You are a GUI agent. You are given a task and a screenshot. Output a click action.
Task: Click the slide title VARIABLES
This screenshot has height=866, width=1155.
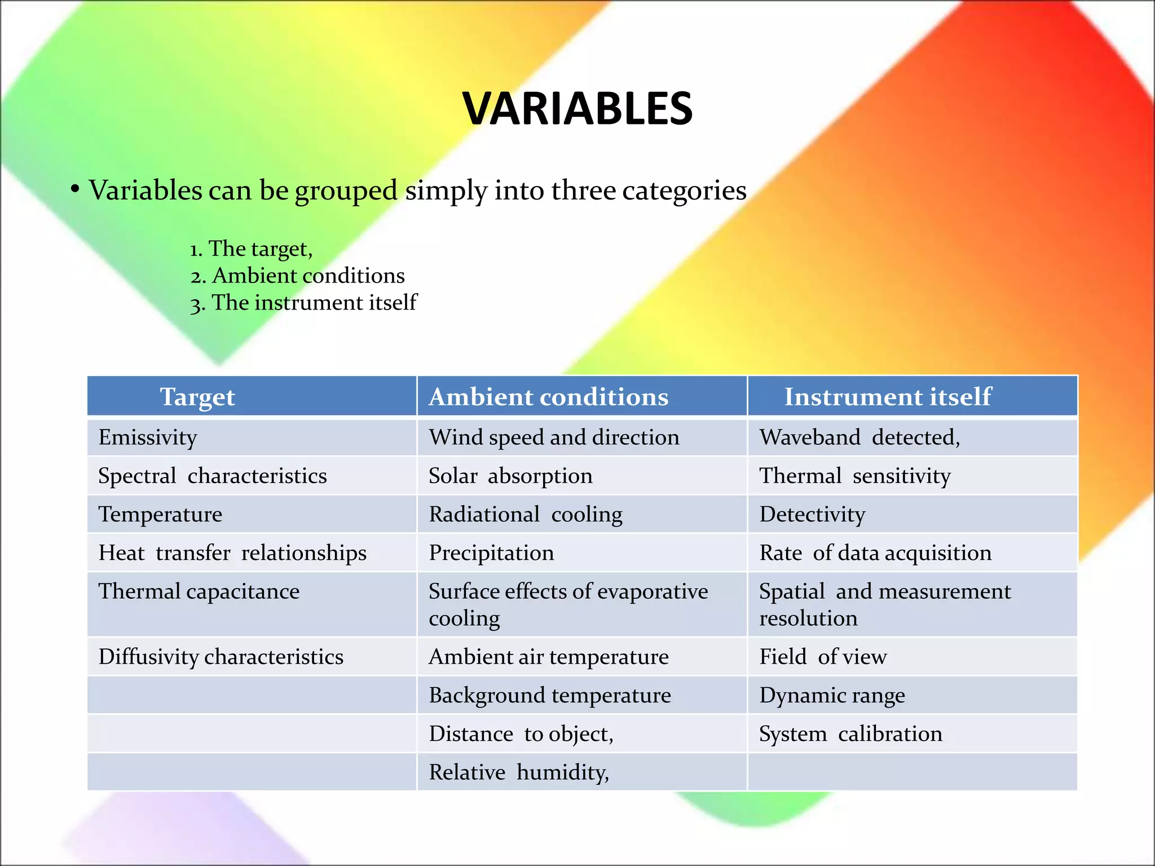coord(577,108)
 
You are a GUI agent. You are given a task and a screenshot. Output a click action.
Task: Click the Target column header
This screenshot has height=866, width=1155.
coord(197,397)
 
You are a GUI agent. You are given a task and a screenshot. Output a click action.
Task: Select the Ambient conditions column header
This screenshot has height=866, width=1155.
coord(548,397)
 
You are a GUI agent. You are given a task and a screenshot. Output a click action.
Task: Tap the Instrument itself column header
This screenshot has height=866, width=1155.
coord(888,397)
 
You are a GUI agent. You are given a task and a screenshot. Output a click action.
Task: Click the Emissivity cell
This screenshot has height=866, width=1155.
coord(148,438)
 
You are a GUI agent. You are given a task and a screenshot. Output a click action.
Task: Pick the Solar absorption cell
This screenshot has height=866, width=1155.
coord(510,476)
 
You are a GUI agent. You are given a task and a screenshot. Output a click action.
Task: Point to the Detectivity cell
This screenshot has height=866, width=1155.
coord(812,514)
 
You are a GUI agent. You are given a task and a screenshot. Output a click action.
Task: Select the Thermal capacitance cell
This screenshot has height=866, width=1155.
coord(199,591)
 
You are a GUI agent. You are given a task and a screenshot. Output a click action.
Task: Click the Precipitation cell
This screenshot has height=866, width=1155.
coord(491,553)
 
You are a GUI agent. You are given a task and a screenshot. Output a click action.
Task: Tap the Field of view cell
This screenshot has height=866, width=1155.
coord(823,657)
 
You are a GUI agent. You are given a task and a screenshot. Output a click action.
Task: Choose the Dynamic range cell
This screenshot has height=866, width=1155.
coord(832,695)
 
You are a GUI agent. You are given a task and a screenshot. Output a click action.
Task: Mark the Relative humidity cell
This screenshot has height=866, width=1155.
coord(519,772)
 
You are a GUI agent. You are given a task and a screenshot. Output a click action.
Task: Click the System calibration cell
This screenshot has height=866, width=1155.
coord(850,734)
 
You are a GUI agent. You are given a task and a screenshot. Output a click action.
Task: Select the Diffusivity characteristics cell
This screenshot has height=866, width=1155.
coord(221,657)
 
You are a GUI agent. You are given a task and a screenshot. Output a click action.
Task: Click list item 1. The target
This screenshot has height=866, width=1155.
coord(252,249)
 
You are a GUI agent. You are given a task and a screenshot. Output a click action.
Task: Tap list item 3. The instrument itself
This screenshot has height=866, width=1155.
coord(303,303)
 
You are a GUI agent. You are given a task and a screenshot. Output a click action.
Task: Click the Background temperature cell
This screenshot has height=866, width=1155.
coord(550,695)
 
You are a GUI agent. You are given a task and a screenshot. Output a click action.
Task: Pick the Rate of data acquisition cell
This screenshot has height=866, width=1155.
coord(875,553)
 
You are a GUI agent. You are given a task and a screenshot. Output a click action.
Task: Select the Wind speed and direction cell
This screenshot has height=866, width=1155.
coord(554,438)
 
